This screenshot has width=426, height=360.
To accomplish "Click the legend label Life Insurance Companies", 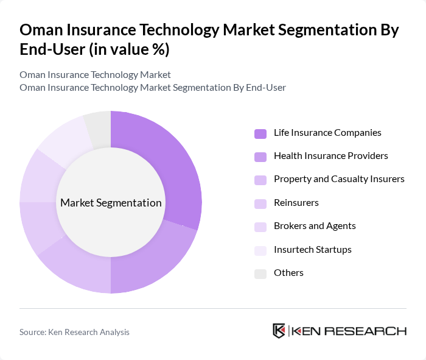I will pos(327,132).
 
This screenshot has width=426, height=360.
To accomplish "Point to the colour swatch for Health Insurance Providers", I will pos(260,156).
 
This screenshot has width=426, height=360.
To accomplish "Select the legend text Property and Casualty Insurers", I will pos(339,178).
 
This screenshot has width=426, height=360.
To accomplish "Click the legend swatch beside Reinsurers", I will pos(260,203).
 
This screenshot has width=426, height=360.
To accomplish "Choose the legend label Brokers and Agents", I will pos(315,225).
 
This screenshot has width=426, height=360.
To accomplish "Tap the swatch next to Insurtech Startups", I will pos(260,250).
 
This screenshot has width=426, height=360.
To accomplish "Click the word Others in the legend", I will pos(288,272).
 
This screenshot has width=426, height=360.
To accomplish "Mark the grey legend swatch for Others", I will pos(260,273).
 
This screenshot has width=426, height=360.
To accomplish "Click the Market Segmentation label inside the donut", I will pos(111,203).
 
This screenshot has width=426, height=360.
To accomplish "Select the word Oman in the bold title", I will pos(41,30).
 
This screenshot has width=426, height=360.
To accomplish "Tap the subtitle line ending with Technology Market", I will pos(95,75).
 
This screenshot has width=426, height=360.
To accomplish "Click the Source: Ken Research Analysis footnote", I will pos(74,332).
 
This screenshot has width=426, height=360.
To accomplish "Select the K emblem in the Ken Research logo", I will pos(279,331).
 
